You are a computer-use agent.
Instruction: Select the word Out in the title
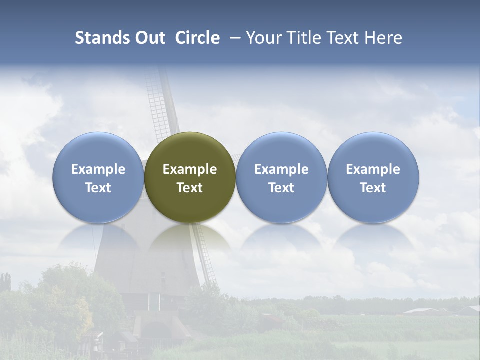(149, 38)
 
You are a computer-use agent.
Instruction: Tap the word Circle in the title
(197, 38)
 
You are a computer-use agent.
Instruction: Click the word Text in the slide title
(344, 38)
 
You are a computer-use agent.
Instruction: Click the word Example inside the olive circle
(190, 169)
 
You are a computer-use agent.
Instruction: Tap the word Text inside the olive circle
(190, 188)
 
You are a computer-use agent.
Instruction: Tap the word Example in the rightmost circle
(373, 169)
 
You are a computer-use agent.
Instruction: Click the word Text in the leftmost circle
(98, 188)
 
